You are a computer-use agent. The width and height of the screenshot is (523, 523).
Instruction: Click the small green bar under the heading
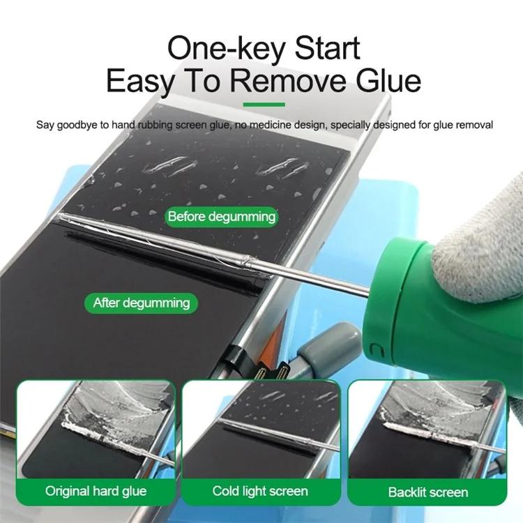[261, 106]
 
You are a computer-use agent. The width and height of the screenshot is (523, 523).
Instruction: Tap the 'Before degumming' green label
[222, 216]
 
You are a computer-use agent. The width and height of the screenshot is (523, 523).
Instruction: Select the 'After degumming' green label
[142, 303]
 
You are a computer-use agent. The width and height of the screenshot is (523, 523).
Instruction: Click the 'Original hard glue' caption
[96, 491]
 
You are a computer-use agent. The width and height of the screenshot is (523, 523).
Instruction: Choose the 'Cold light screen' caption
[260, 491]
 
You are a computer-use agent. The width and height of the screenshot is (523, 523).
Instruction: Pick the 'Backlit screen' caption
[428, 492]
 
